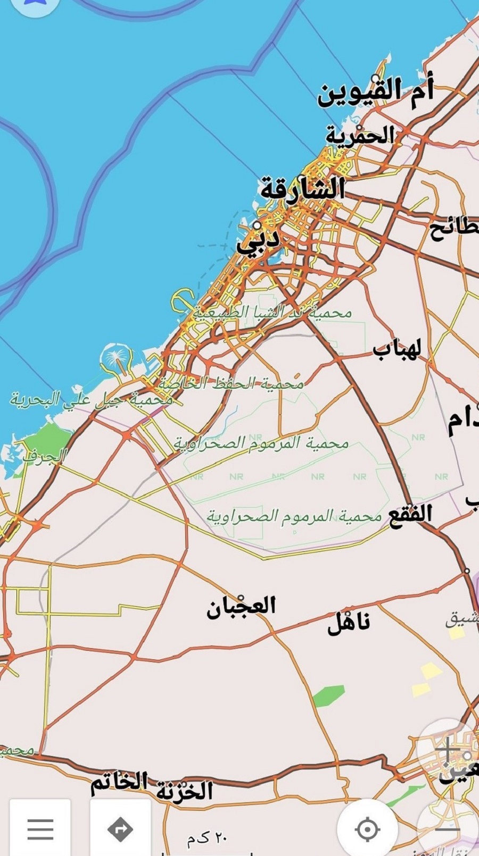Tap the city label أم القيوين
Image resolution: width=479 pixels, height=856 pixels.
click(x=376, y=91)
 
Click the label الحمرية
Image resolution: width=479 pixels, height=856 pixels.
click(x=360, y=136)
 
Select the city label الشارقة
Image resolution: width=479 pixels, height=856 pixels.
click(x=302, y=189)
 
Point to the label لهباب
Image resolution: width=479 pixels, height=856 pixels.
click(x=397, y=350)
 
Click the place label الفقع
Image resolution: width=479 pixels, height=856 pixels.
click(x=410, y=515)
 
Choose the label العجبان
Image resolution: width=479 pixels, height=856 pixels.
click(x=241, y=607)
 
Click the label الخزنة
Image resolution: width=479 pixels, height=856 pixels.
click(x=185, y=791)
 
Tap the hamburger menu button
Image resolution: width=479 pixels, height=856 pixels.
click(x=40, y=828)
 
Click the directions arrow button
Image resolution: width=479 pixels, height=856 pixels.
click(x=120, y=828)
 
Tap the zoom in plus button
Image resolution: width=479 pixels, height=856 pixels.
click(x=448, y=750)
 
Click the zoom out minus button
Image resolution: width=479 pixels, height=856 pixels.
click(x=448, y=828)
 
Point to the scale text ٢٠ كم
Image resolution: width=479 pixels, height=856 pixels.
click(x=207, y=838)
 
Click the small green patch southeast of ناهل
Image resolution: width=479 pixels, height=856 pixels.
click(x=328, y=695)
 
